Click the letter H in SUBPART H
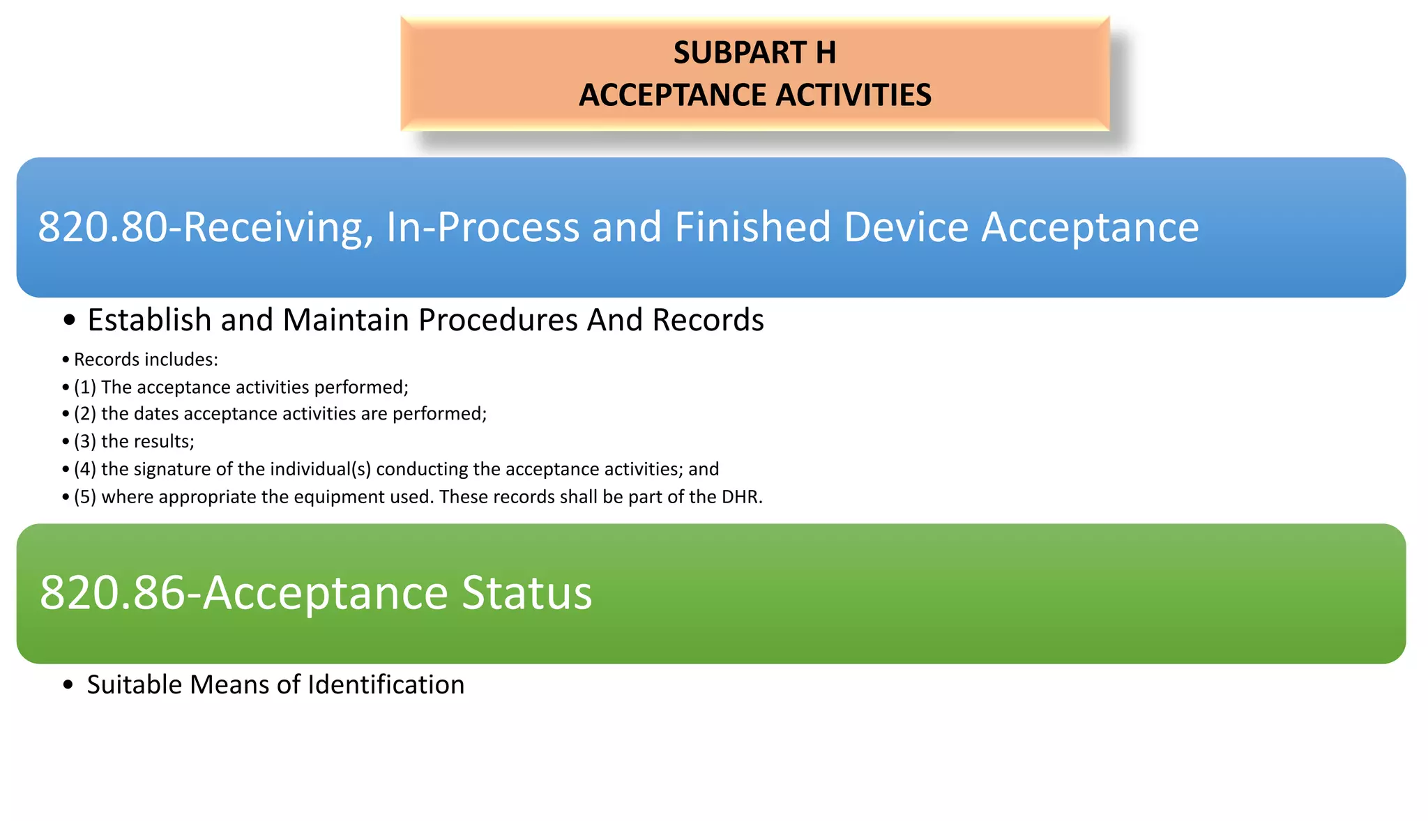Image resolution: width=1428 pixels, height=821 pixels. (825, 53)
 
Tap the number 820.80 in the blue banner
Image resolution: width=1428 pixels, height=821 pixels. (102, 227)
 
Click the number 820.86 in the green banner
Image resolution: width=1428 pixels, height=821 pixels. (112, 593)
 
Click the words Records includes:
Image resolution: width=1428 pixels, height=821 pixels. (146, 360)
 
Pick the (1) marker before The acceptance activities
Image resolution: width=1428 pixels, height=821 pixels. (84, 388)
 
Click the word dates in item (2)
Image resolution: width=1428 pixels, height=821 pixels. (155, 414)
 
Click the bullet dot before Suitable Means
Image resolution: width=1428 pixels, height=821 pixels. (68, 686)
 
